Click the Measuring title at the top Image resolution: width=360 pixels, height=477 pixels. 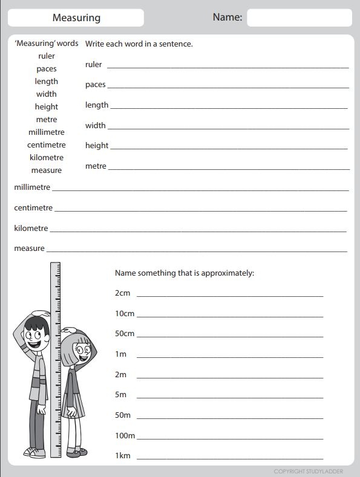click(76, 18)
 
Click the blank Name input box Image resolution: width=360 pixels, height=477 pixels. click(299, 18)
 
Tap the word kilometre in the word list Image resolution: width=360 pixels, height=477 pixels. click(46, 157)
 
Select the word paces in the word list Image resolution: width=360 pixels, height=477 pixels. click(46, 69)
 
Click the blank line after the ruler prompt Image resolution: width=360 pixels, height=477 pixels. click(227, 66)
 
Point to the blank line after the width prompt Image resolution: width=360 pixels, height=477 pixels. click(227, 127)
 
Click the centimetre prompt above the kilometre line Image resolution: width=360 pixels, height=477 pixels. click(33, 207)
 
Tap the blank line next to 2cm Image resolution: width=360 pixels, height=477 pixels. click(230, 294)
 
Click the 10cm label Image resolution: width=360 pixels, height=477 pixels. click(125, 313)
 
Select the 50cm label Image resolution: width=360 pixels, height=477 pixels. click(125, 334)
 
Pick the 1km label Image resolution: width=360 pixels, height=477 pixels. click(123, 455)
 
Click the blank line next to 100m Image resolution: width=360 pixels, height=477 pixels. click(230, 437)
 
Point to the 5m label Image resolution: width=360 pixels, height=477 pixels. click(121, 394)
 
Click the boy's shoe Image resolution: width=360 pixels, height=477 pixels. click(34, 452)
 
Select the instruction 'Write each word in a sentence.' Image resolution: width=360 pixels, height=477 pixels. click(139, 44)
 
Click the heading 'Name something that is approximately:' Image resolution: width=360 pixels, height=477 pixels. click(185, 273)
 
